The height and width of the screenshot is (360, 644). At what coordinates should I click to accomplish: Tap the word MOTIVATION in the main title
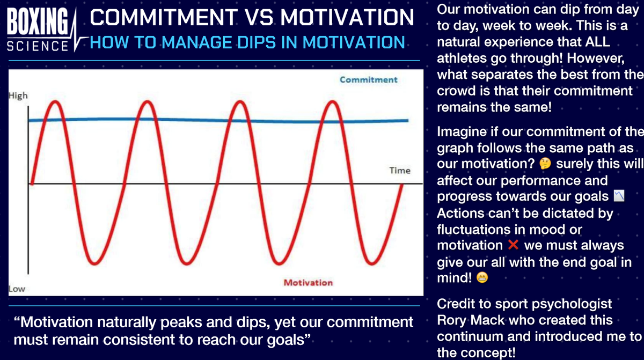(x=347, y=18)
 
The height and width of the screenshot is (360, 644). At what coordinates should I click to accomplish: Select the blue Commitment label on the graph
(x=368, y=79)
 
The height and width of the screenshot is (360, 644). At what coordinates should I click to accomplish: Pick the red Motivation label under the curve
(x=308, y=283)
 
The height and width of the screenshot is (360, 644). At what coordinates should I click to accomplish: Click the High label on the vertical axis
(x=18, y=96)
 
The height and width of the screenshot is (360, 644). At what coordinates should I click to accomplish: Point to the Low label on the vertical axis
(x=17, y=289)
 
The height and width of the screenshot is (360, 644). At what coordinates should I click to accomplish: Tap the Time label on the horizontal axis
(x=400, y=171)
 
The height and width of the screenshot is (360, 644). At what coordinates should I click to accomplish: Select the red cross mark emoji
(x=513, y=245)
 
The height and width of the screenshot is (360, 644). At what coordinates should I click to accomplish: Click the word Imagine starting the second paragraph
(x=462, y=131)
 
